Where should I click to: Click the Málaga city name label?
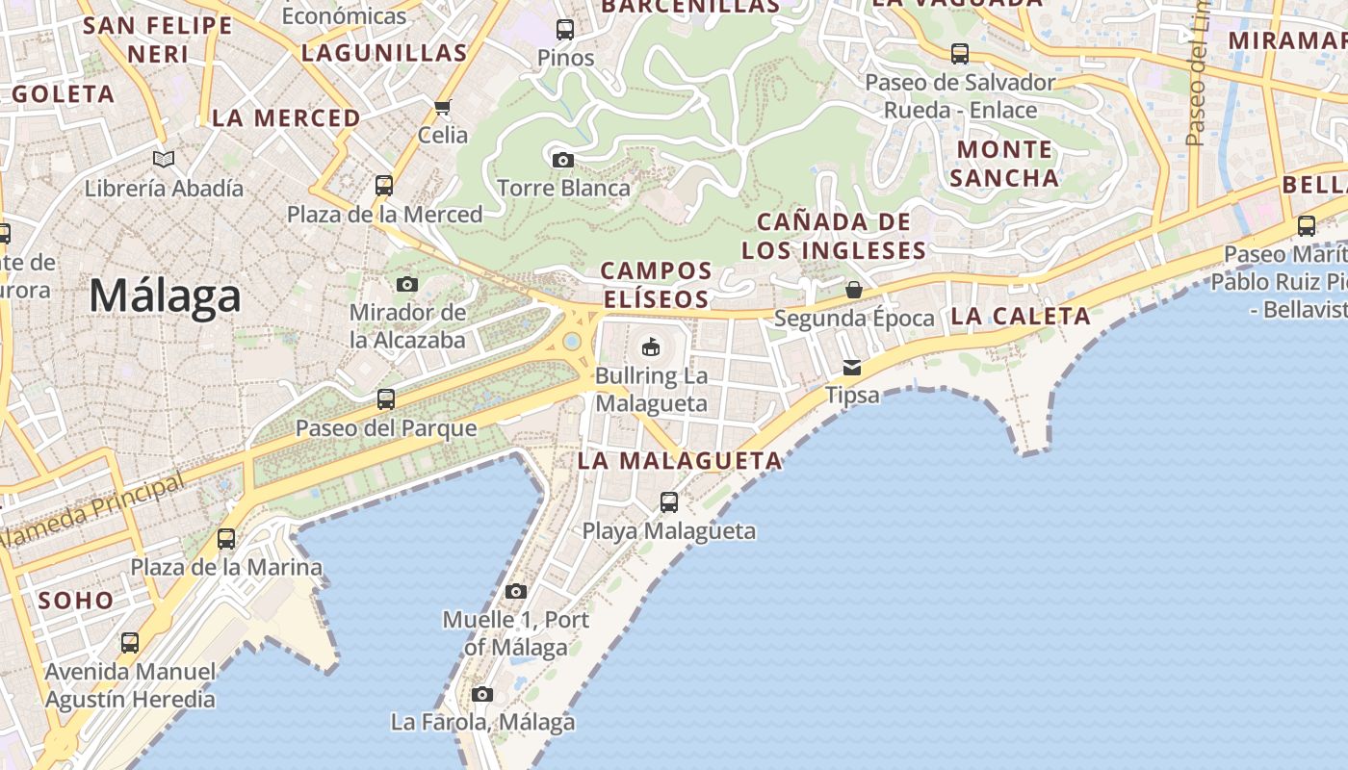165,295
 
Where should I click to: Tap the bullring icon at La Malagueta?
651,346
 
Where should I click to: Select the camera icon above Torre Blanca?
563,160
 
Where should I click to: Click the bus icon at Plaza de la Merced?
384,185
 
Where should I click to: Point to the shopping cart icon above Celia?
443,107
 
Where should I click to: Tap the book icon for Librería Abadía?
164,159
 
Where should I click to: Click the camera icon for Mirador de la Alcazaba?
407,284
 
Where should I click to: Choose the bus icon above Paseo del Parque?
386,398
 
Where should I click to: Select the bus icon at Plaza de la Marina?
226,538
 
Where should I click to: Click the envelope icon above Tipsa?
852,367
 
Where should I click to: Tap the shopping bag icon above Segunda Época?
854,289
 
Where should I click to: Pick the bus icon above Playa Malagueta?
669,501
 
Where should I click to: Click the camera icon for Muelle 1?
516,591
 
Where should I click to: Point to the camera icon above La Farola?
482,694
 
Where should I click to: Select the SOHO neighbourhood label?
76,600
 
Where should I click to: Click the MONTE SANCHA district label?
1006,164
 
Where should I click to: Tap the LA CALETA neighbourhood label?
1021,316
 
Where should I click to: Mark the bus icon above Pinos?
565,30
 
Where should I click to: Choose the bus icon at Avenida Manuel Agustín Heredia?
130,642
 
